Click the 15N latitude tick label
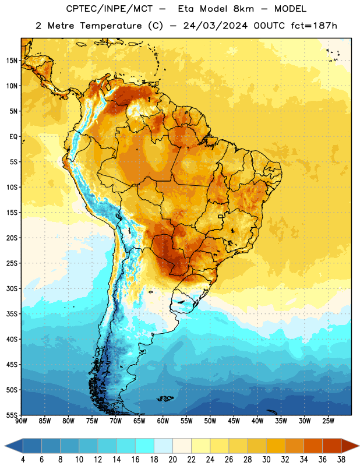(x=12, y=61)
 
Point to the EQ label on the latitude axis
(x=13, y=137)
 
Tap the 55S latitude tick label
(x=12, y=415)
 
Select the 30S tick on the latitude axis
(x=12, y=288)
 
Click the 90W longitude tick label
(x=21, y=421)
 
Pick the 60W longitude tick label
(x=163, y=421)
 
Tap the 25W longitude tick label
(x=328, y=421)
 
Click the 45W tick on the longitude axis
(x=234, y=421)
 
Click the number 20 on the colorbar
(x=172, y=460)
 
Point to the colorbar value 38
(x=341, y=460)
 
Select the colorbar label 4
(x=23, y=460)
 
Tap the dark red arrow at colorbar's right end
(x=351, y=446)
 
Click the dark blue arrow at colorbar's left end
(x=13, y=446)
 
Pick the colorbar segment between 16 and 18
(x=145, y=446)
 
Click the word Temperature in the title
(x=111, y=26)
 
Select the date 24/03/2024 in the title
(x=215, y=26)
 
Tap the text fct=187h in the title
(x=314, y=26)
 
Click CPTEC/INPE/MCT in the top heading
(x=110, y=9)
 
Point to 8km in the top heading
(x=243, y=9)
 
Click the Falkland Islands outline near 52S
(x=165, y=398)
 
